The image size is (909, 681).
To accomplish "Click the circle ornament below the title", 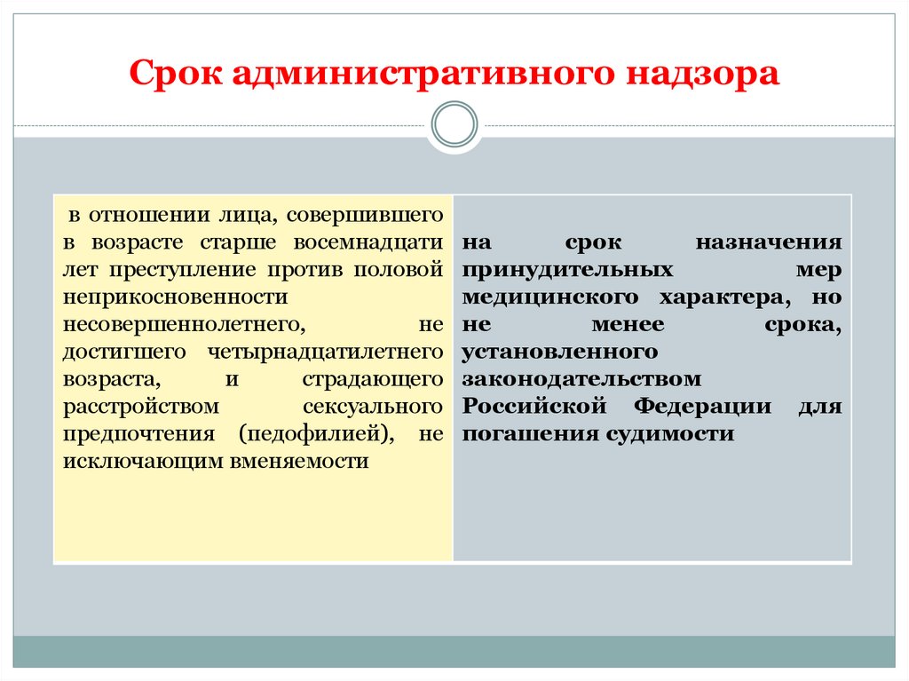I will (454, 124).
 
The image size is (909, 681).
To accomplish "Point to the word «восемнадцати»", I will (374, 242).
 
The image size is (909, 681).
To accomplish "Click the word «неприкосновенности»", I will (175, 297).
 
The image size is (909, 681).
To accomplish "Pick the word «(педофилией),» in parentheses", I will (315, 434).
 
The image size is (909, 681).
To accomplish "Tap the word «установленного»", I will (560, 352).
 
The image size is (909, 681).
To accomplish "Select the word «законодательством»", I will (581, 379).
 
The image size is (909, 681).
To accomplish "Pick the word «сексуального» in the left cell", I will (372, 407).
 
